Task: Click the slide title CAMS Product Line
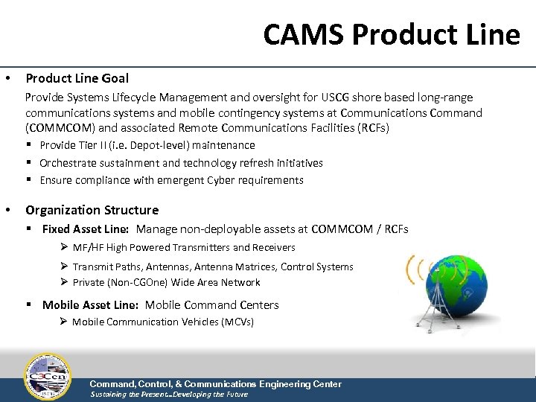click(x=392, y=34)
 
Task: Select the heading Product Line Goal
click(x=77, y=78)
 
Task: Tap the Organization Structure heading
click(x=92, y=210)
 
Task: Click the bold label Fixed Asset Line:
click(x=86, y=229)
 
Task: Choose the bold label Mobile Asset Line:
click(x=91, y=305)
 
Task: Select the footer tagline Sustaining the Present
click(x=127, y=395)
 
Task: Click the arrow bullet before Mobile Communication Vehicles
click(x=64, y=322)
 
